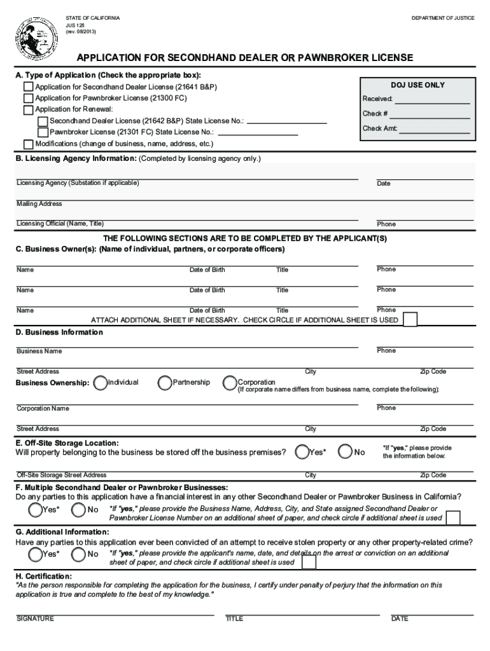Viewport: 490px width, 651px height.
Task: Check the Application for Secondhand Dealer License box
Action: point(29,86)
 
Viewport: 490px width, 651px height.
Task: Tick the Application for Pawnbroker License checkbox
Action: point(29,98)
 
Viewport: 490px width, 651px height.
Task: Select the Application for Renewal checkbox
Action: point(29,109)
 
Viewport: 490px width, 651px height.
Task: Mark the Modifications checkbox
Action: point(29,144)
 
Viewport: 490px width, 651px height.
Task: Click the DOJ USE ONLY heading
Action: point(417,85)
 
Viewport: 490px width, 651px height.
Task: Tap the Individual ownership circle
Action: point(100,383)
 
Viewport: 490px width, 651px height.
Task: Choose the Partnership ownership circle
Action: point(165,383)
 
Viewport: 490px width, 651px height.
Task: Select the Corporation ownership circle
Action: point(230,383)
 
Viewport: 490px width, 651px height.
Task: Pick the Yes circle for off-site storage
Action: point(303,452)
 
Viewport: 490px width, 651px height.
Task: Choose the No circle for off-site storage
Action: point(346,452)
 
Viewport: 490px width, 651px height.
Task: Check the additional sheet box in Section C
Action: point(411,319)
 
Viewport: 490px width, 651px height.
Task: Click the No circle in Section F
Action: point(79,510)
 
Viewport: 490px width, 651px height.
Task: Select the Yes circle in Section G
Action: point(36,554)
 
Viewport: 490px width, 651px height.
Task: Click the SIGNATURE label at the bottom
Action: point(35,619)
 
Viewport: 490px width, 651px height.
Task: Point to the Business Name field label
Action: point(39,351)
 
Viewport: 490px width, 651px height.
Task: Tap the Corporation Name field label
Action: point(43,408)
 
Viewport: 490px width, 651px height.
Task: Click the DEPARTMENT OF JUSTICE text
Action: point(442,18)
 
